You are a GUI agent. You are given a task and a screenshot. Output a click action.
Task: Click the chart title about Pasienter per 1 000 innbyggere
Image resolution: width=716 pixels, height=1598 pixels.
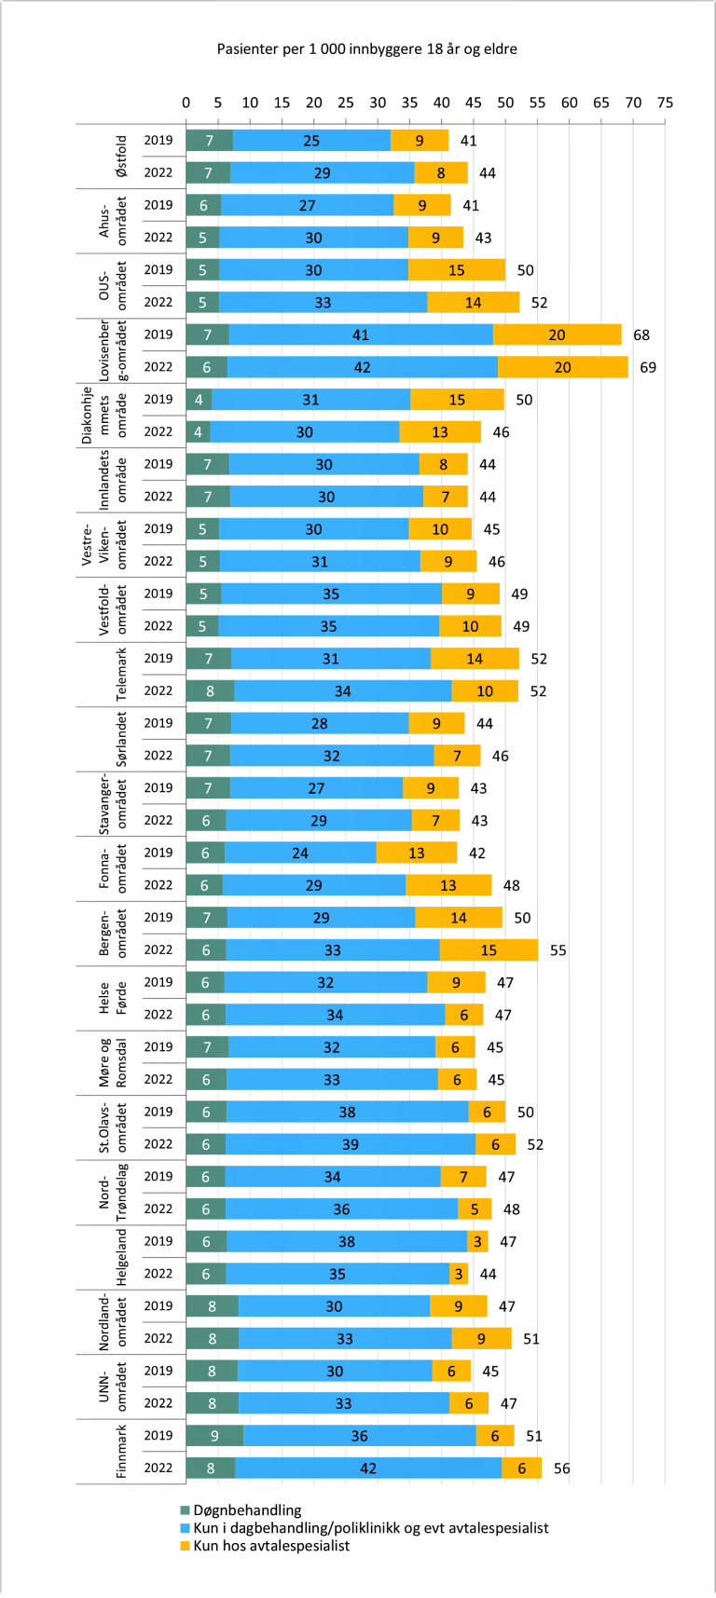click(x=366, y=48)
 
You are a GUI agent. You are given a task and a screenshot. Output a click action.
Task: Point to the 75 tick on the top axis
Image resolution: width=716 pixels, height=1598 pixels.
click(x=665, y=102)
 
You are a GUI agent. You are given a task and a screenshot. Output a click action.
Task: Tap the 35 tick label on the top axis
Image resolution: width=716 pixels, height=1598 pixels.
click(x=409, y=102)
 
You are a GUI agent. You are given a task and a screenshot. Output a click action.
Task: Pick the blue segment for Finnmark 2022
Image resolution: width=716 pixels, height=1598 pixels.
click(x=368, y=1468)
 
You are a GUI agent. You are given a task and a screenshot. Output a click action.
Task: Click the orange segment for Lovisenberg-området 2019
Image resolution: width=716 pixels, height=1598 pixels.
click(x=557, y=335)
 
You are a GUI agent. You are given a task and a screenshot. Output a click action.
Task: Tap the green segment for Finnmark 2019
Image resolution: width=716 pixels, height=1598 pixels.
click(x=214, y=1436)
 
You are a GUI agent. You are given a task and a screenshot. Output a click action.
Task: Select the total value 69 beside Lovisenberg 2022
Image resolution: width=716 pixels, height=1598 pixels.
click(x=648, y=367)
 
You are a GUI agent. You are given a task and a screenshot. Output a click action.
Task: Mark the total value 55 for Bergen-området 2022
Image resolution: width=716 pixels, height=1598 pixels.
click(x=558, y=950)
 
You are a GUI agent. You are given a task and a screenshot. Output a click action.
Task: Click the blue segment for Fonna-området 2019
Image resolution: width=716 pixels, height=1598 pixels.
click(x=300, y=853)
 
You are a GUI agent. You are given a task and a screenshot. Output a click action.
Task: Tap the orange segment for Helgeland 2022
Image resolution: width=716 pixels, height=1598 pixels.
click(x=458, y=1274)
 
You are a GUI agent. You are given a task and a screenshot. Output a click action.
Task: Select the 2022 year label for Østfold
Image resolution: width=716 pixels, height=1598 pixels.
click(x=158, y=172)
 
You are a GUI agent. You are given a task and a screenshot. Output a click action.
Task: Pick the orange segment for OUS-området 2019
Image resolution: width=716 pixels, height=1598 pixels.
click(x=456, y=270)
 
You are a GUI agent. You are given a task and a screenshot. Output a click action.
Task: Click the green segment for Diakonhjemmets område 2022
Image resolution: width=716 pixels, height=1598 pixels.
click(x=198, y=431)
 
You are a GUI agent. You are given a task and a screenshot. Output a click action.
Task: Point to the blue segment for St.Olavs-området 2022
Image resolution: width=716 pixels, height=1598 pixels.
click(x=350, y=1144)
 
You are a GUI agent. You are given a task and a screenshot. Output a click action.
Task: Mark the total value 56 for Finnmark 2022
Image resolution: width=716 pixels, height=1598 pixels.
click(x=561, y=1468)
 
